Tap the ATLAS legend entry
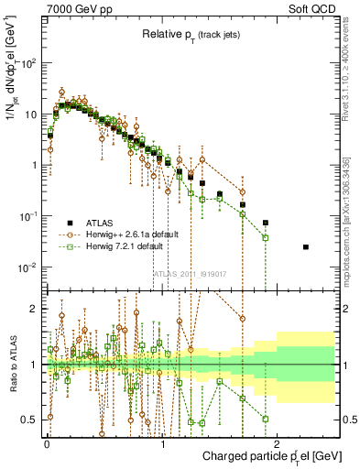(103, 223)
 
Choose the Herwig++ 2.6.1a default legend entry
(132, 234)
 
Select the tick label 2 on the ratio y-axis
(34, 309)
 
